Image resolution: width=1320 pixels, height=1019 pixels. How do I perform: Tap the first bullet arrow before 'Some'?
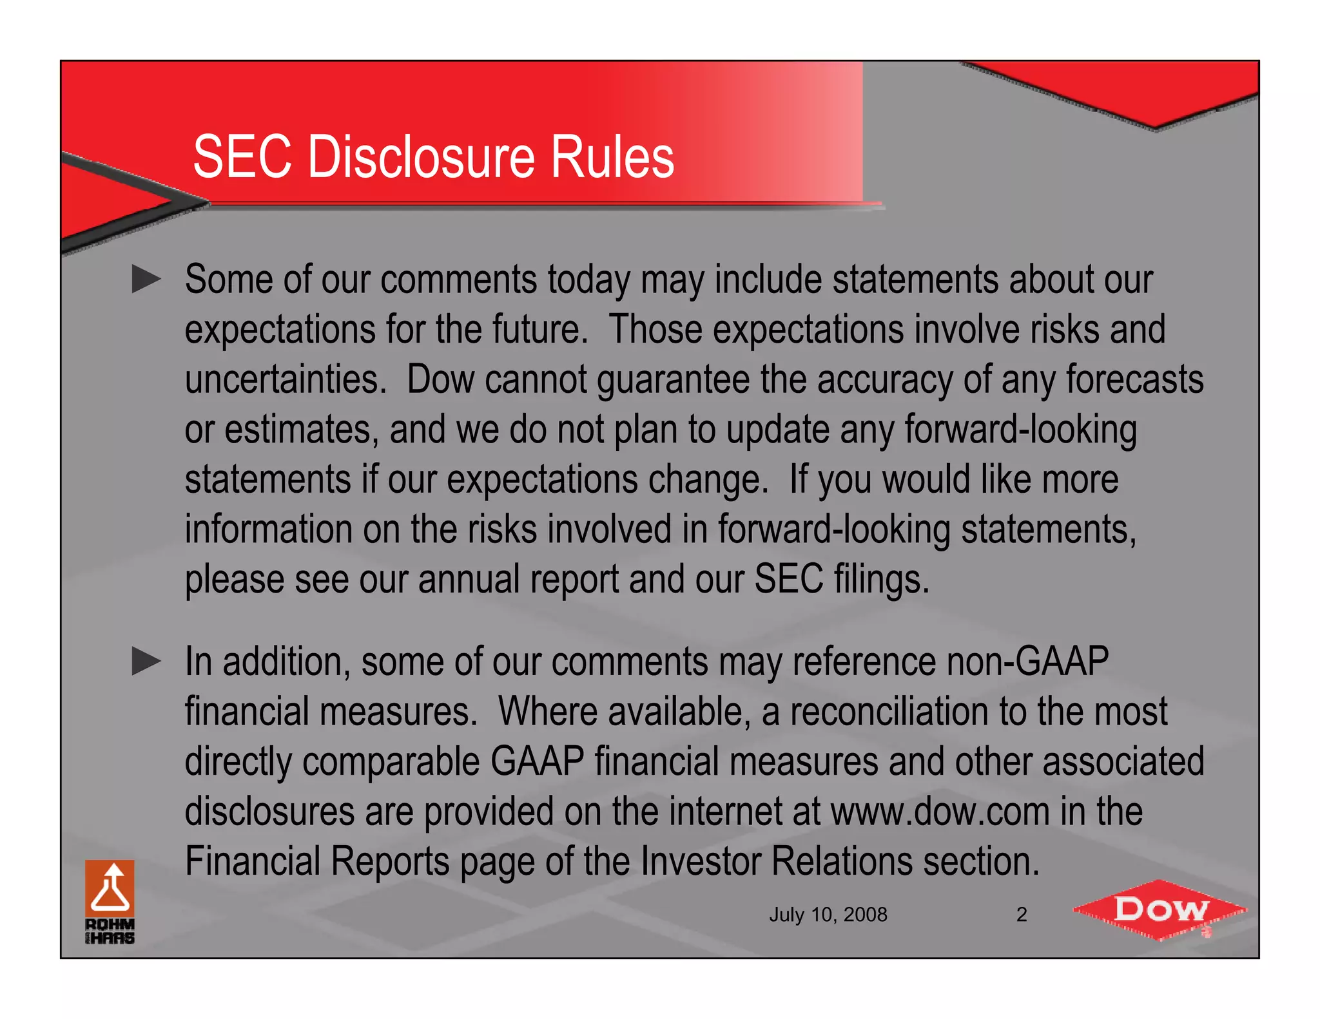pos(146,279)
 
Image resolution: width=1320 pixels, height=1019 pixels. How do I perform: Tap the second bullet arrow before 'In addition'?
pos(146,662)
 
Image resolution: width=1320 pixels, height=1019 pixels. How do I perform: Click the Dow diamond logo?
pos(1160,910)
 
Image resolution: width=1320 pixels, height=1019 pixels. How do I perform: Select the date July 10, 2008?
pos(828,915)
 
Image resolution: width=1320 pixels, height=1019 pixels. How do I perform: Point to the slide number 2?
pos(1022,915)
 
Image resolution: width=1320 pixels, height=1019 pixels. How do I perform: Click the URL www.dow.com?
pos(940,812)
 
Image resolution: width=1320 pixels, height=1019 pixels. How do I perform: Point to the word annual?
pos(469,578)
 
